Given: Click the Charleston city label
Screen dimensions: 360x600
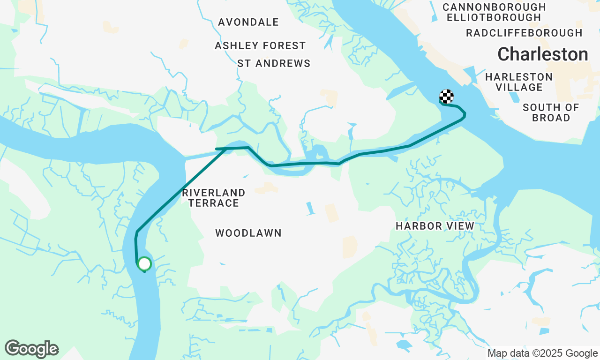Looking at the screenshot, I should (x=542, y=54).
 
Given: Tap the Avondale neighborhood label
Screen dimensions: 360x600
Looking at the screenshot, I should (x=248, y=22).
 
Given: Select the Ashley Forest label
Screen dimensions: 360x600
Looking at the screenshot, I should (x=260, y=45).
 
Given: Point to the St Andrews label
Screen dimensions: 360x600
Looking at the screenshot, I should (x=274, y=63).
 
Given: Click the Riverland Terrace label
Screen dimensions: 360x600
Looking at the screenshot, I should (x=213, y=198).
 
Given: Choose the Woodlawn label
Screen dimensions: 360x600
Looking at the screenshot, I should (x=248, y=233).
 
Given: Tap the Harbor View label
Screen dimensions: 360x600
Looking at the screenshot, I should (x=435, y=226).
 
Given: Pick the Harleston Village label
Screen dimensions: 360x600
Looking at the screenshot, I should (x=519, y=82).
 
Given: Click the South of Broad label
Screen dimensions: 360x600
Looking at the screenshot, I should (x=551, y=112).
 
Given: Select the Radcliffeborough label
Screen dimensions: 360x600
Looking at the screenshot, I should (x=524, y=33).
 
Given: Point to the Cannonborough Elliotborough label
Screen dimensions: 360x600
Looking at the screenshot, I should (x=494, y=12).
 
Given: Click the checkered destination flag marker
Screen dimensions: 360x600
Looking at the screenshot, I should (x=447, y=97).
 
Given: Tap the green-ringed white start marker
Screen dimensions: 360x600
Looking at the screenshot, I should (x=144, y=264).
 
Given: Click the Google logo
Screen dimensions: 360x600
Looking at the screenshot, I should (x=32, y=349).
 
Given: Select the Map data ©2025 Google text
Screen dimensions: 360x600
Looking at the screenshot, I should (x=542, y=353).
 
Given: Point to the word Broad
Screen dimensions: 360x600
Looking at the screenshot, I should (x=551, y=118).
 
